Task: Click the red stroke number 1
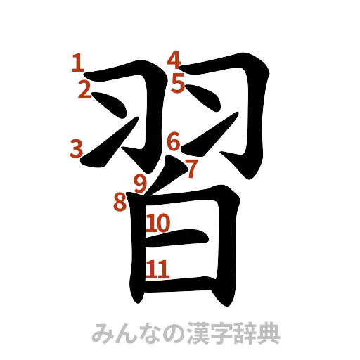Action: (x=77, y=65)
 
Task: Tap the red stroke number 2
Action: (x=84, y=90)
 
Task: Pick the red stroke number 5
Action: (x=177, y=84)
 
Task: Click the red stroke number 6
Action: (x=174, y=142)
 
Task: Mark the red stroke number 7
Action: (x=191, y=167)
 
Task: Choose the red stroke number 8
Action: (x=120, y=202)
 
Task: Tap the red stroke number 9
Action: (x=141, y=183)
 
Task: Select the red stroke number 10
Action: (x=159, y=224)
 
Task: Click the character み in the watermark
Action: (x=102, y=333)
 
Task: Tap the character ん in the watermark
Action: (x=125, y=333)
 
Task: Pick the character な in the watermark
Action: (x=148, y=333)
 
